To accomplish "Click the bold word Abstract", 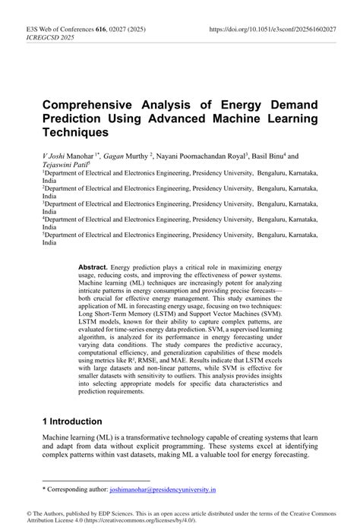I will pos(93,268).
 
